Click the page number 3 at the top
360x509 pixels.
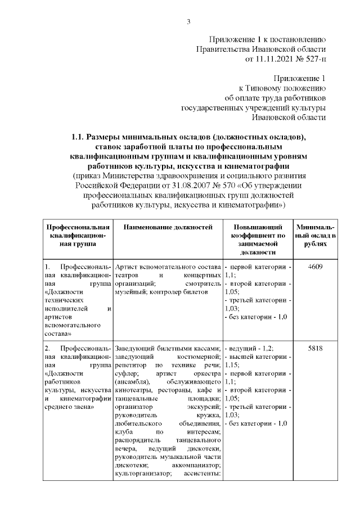tap(188, 22)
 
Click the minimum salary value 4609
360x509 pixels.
tap(316, 266)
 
